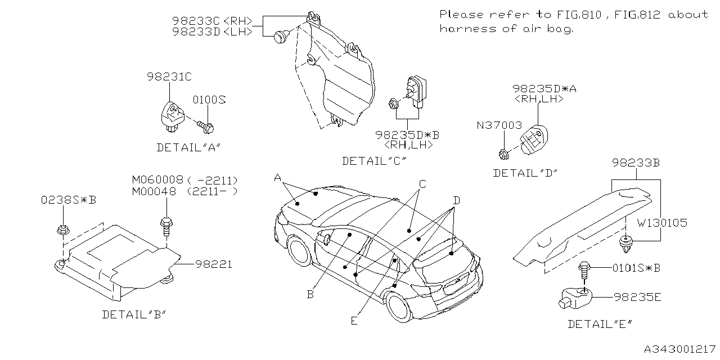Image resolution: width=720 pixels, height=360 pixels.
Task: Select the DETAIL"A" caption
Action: click(187, 147)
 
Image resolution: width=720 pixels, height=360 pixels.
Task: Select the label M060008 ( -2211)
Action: click(184, 180)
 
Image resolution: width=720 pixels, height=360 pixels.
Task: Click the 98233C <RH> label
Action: click(211, 21)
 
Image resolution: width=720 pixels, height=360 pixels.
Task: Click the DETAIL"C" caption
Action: click(374, 161)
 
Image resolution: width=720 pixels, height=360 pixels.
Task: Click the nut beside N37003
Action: click(503, 153)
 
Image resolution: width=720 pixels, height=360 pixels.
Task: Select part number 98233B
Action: click(635, 163)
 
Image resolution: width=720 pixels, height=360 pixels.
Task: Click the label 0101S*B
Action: click(636, 268)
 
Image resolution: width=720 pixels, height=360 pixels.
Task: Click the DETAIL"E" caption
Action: click(599, 324)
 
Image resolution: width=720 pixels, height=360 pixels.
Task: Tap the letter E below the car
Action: click(353, 321)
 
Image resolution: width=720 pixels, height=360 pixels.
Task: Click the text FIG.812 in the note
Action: click(635, 14)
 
